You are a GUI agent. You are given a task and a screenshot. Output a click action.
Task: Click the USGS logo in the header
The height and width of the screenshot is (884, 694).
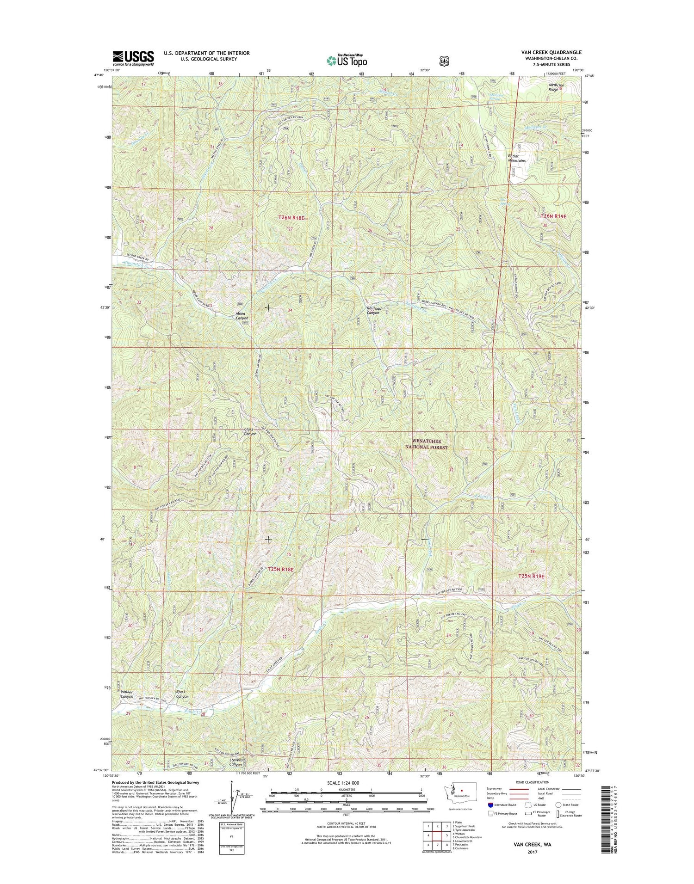133,58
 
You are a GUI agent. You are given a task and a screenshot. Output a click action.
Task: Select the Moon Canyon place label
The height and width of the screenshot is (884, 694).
242,316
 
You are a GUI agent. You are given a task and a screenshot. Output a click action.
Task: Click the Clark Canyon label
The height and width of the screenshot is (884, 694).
250,432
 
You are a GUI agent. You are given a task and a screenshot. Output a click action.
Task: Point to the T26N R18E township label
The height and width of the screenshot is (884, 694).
291,217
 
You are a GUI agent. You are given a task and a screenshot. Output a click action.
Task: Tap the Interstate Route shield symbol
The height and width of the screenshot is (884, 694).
490,805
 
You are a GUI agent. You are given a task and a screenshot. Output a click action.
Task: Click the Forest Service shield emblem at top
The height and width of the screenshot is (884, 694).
444,60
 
